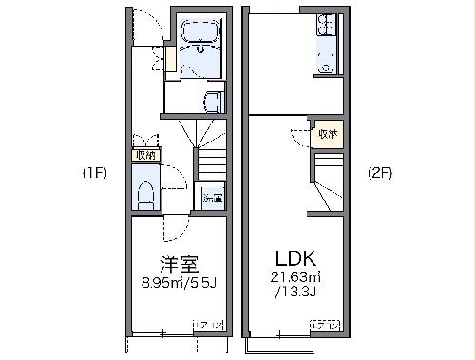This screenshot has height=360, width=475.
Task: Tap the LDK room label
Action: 294,256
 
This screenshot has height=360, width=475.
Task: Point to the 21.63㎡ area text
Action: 294,276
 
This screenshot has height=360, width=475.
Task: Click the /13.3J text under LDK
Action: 294,291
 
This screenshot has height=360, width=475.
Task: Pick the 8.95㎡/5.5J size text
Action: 178,281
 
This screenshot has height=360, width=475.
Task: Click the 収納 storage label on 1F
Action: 145,154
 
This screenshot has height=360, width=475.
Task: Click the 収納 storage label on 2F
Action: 328,134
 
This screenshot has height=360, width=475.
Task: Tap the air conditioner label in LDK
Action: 326,325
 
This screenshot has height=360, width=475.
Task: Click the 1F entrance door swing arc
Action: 144,28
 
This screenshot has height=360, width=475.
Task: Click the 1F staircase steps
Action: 210,161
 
